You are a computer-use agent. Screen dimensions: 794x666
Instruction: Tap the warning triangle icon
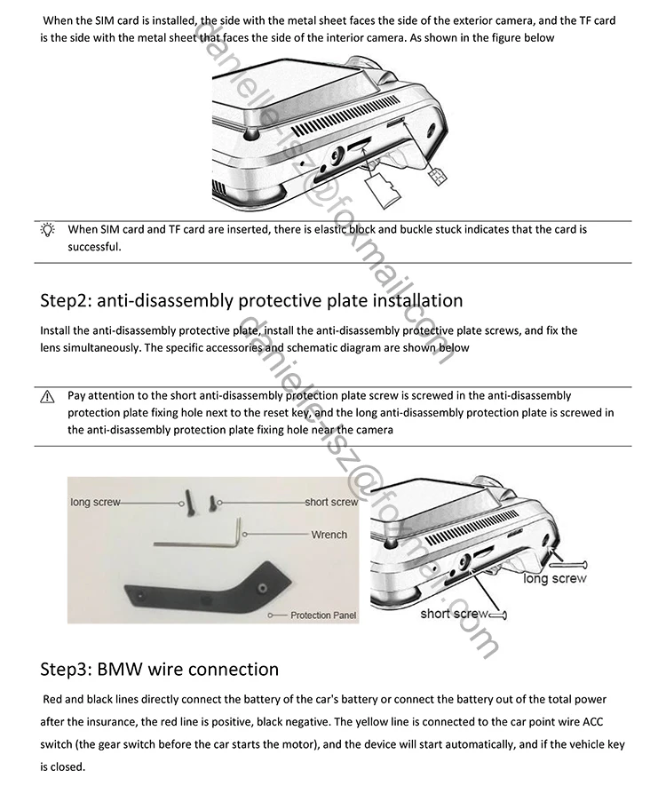coord(47,396)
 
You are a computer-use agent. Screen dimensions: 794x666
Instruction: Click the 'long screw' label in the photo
coord(95,503)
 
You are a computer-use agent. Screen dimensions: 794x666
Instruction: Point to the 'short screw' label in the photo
coord(331,503)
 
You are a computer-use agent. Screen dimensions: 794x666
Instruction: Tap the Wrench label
coord(329,535)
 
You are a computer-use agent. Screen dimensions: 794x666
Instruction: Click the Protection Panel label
coord(323,615)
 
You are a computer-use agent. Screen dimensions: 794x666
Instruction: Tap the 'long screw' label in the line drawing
coord(555,579)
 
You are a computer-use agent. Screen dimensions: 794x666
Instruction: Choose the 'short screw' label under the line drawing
coord(454,614)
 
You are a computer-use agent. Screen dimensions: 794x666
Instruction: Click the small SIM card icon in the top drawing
coord(435,177)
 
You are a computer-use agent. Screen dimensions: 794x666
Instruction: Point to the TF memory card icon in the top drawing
coord(387,187)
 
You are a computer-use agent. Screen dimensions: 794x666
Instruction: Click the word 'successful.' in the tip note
coord(93,247)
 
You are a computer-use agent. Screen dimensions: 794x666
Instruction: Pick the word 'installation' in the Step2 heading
coord(410,300)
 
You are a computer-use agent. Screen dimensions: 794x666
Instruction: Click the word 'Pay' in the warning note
coord(77,395)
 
